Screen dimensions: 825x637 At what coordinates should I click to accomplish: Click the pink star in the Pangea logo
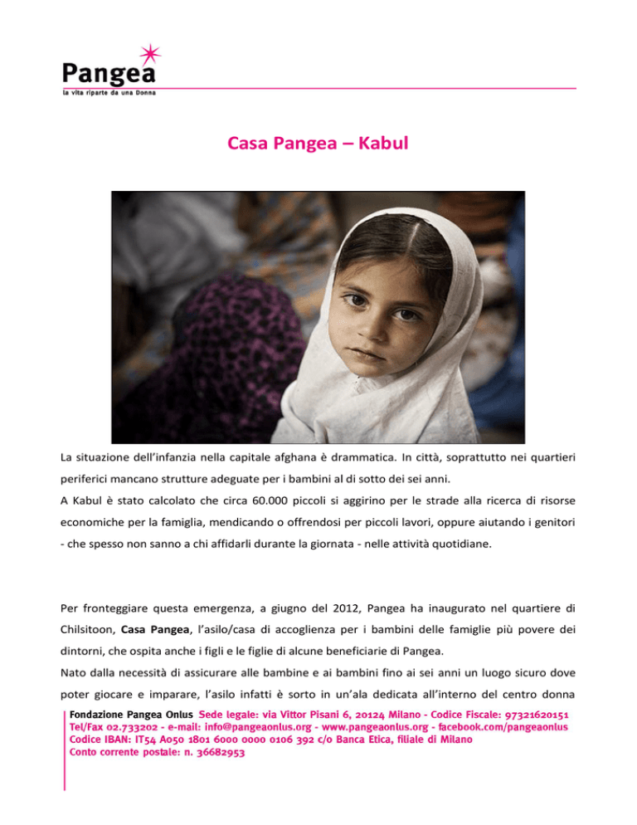click(148, 56)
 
